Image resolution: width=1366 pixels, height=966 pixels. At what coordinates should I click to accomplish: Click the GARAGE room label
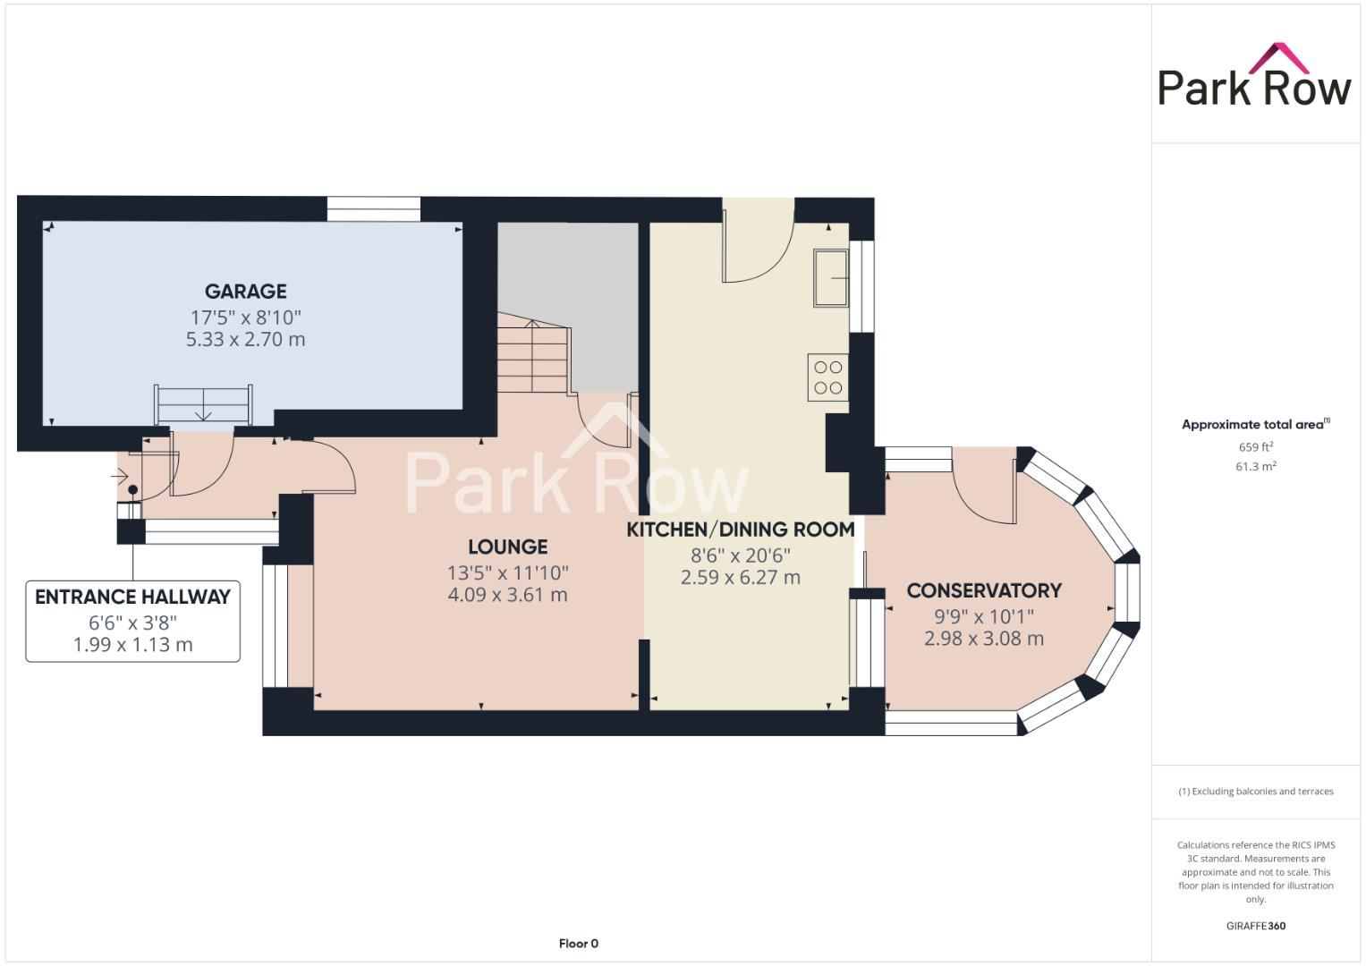point(245,292)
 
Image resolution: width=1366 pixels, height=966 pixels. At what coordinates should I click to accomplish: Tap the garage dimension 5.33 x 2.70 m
point(245,340)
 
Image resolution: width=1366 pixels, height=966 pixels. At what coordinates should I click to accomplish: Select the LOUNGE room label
point(507,547)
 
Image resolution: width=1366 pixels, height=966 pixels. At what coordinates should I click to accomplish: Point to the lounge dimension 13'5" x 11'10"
point(507,572)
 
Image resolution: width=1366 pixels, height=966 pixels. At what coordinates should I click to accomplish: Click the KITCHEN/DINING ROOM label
point(740,530)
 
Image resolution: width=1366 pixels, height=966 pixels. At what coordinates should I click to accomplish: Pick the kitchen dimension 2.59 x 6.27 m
point(740,578)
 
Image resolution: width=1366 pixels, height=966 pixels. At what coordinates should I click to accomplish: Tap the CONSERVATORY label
point(983,590)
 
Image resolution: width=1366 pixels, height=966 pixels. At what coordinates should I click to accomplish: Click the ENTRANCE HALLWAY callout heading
point(132,597)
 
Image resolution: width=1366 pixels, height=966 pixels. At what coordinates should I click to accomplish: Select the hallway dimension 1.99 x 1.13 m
point(132,645)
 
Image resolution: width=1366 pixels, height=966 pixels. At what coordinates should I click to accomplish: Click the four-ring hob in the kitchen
point(828,377)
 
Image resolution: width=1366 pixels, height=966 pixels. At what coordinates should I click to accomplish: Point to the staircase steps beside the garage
point(533,358)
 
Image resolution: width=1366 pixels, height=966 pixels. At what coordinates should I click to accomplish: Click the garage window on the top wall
point(373,208)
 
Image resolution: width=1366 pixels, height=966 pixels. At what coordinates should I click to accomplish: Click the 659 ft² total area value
point(1255,447)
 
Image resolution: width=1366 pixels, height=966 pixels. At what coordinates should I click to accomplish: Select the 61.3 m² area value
point(1255,467)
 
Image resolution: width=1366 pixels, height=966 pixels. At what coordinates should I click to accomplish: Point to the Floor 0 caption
point(578,944)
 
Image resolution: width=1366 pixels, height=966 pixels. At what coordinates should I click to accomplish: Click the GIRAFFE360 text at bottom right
point(1255,926)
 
